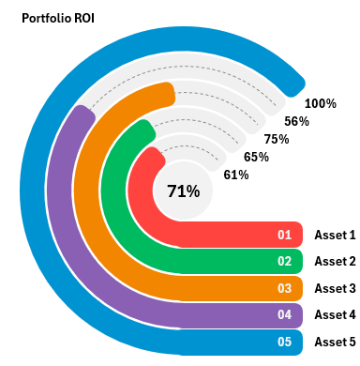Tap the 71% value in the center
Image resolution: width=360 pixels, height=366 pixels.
pos(183,191)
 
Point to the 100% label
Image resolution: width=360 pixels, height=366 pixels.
pos(321,103)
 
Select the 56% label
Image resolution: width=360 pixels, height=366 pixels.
pos(296,121)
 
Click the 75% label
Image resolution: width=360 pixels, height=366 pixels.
pos(276,139)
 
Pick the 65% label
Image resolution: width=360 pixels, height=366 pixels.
pos(256,157)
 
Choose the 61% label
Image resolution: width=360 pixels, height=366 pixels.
pos(236,175)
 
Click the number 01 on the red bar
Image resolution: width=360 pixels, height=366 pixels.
pos(285,235)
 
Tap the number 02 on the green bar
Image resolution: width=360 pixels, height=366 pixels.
pos(285,261)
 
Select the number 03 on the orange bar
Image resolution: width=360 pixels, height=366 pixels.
pos(285,288)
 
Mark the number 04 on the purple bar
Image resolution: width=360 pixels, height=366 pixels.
pos(285,314)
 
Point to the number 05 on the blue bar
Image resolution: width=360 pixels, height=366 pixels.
pos(285,342)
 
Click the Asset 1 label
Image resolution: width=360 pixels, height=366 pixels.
pos(335,235)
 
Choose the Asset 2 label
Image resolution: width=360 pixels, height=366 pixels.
pos(335,261)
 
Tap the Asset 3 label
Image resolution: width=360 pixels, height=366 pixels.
pos(335,288)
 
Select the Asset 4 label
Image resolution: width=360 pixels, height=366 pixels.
pos(335,314)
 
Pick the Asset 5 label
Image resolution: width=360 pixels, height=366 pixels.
pos(335,342)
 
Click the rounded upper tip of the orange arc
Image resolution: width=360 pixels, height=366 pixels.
pos(166,94)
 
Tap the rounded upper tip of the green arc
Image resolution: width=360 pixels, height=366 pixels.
pos(143,130)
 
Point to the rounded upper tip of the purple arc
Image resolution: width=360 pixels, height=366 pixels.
pos(84,114)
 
